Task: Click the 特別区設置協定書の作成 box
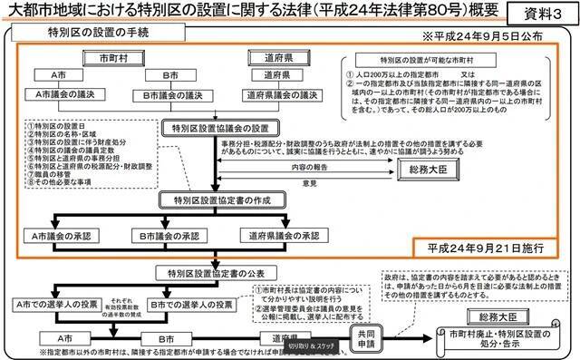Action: pyautogui.click(x=212, y=199)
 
